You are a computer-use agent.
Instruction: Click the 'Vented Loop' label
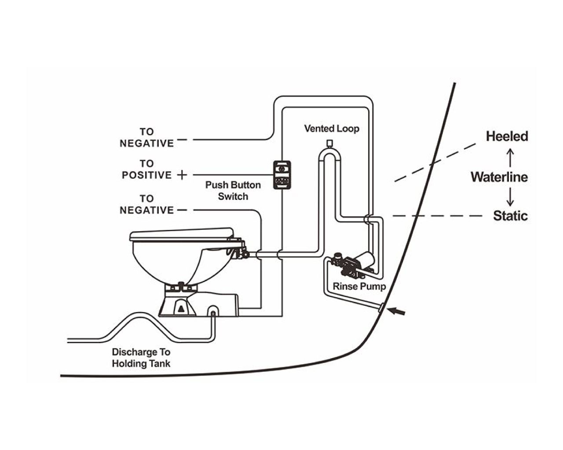[x=332, y=129]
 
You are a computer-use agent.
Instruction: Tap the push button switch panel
[x=282, y=175]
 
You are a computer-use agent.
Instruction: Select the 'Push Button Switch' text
[x=233, y=191]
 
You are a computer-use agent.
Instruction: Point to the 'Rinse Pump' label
[x=359, y=287]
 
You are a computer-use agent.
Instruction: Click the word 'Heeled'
[x=507, y=137]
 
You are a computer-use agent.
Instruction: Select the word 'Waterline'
[x=499, y=177]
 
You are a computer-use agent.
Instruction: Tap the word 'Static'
[x=510, y=216]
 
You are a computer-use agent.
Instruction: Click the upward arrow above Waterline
[x=510, y=158]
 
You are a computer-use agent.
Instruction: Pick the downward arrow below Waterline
[x=510, y=196]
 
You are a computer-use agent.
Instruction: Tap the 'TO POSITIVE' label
[x=146, y=170]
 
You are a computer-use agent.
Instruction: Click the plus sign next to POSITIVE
[x=182, y=175]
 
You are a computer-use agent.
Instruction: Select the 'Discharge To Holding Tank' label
[x=141, y=358]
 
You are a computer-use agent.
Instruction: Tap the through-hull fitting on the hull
[x=381, y=307]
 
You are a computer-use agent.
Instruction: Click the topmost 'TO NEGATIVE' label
[x=147, y=138]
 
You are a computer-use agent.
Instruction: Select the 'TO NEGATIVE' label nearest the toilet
[x=147, y=204]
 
